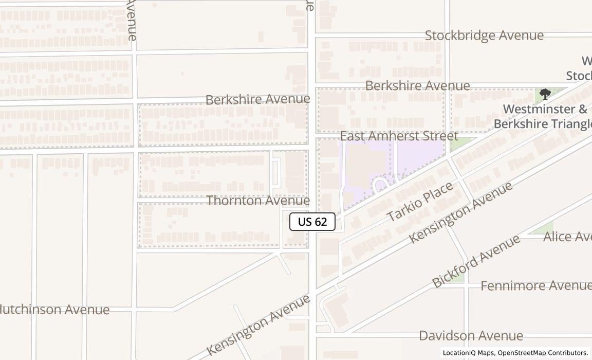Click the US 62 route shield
312,222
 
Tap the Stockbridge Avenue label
484,35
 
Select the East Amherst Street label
399,136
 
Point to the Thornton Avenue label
258,201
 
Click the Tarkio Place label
420,201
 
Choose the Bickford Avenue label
476,261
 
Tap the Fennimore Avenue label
535,285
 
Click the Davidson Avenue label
471,336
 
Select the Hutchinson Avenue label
53,310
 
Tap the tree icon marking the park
545,94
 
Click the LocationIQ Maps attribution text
468,353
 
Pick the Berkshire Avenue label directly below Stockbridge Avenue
417,85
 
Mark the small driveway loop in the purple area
381,185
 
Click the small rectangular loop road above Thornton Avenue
276,173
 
